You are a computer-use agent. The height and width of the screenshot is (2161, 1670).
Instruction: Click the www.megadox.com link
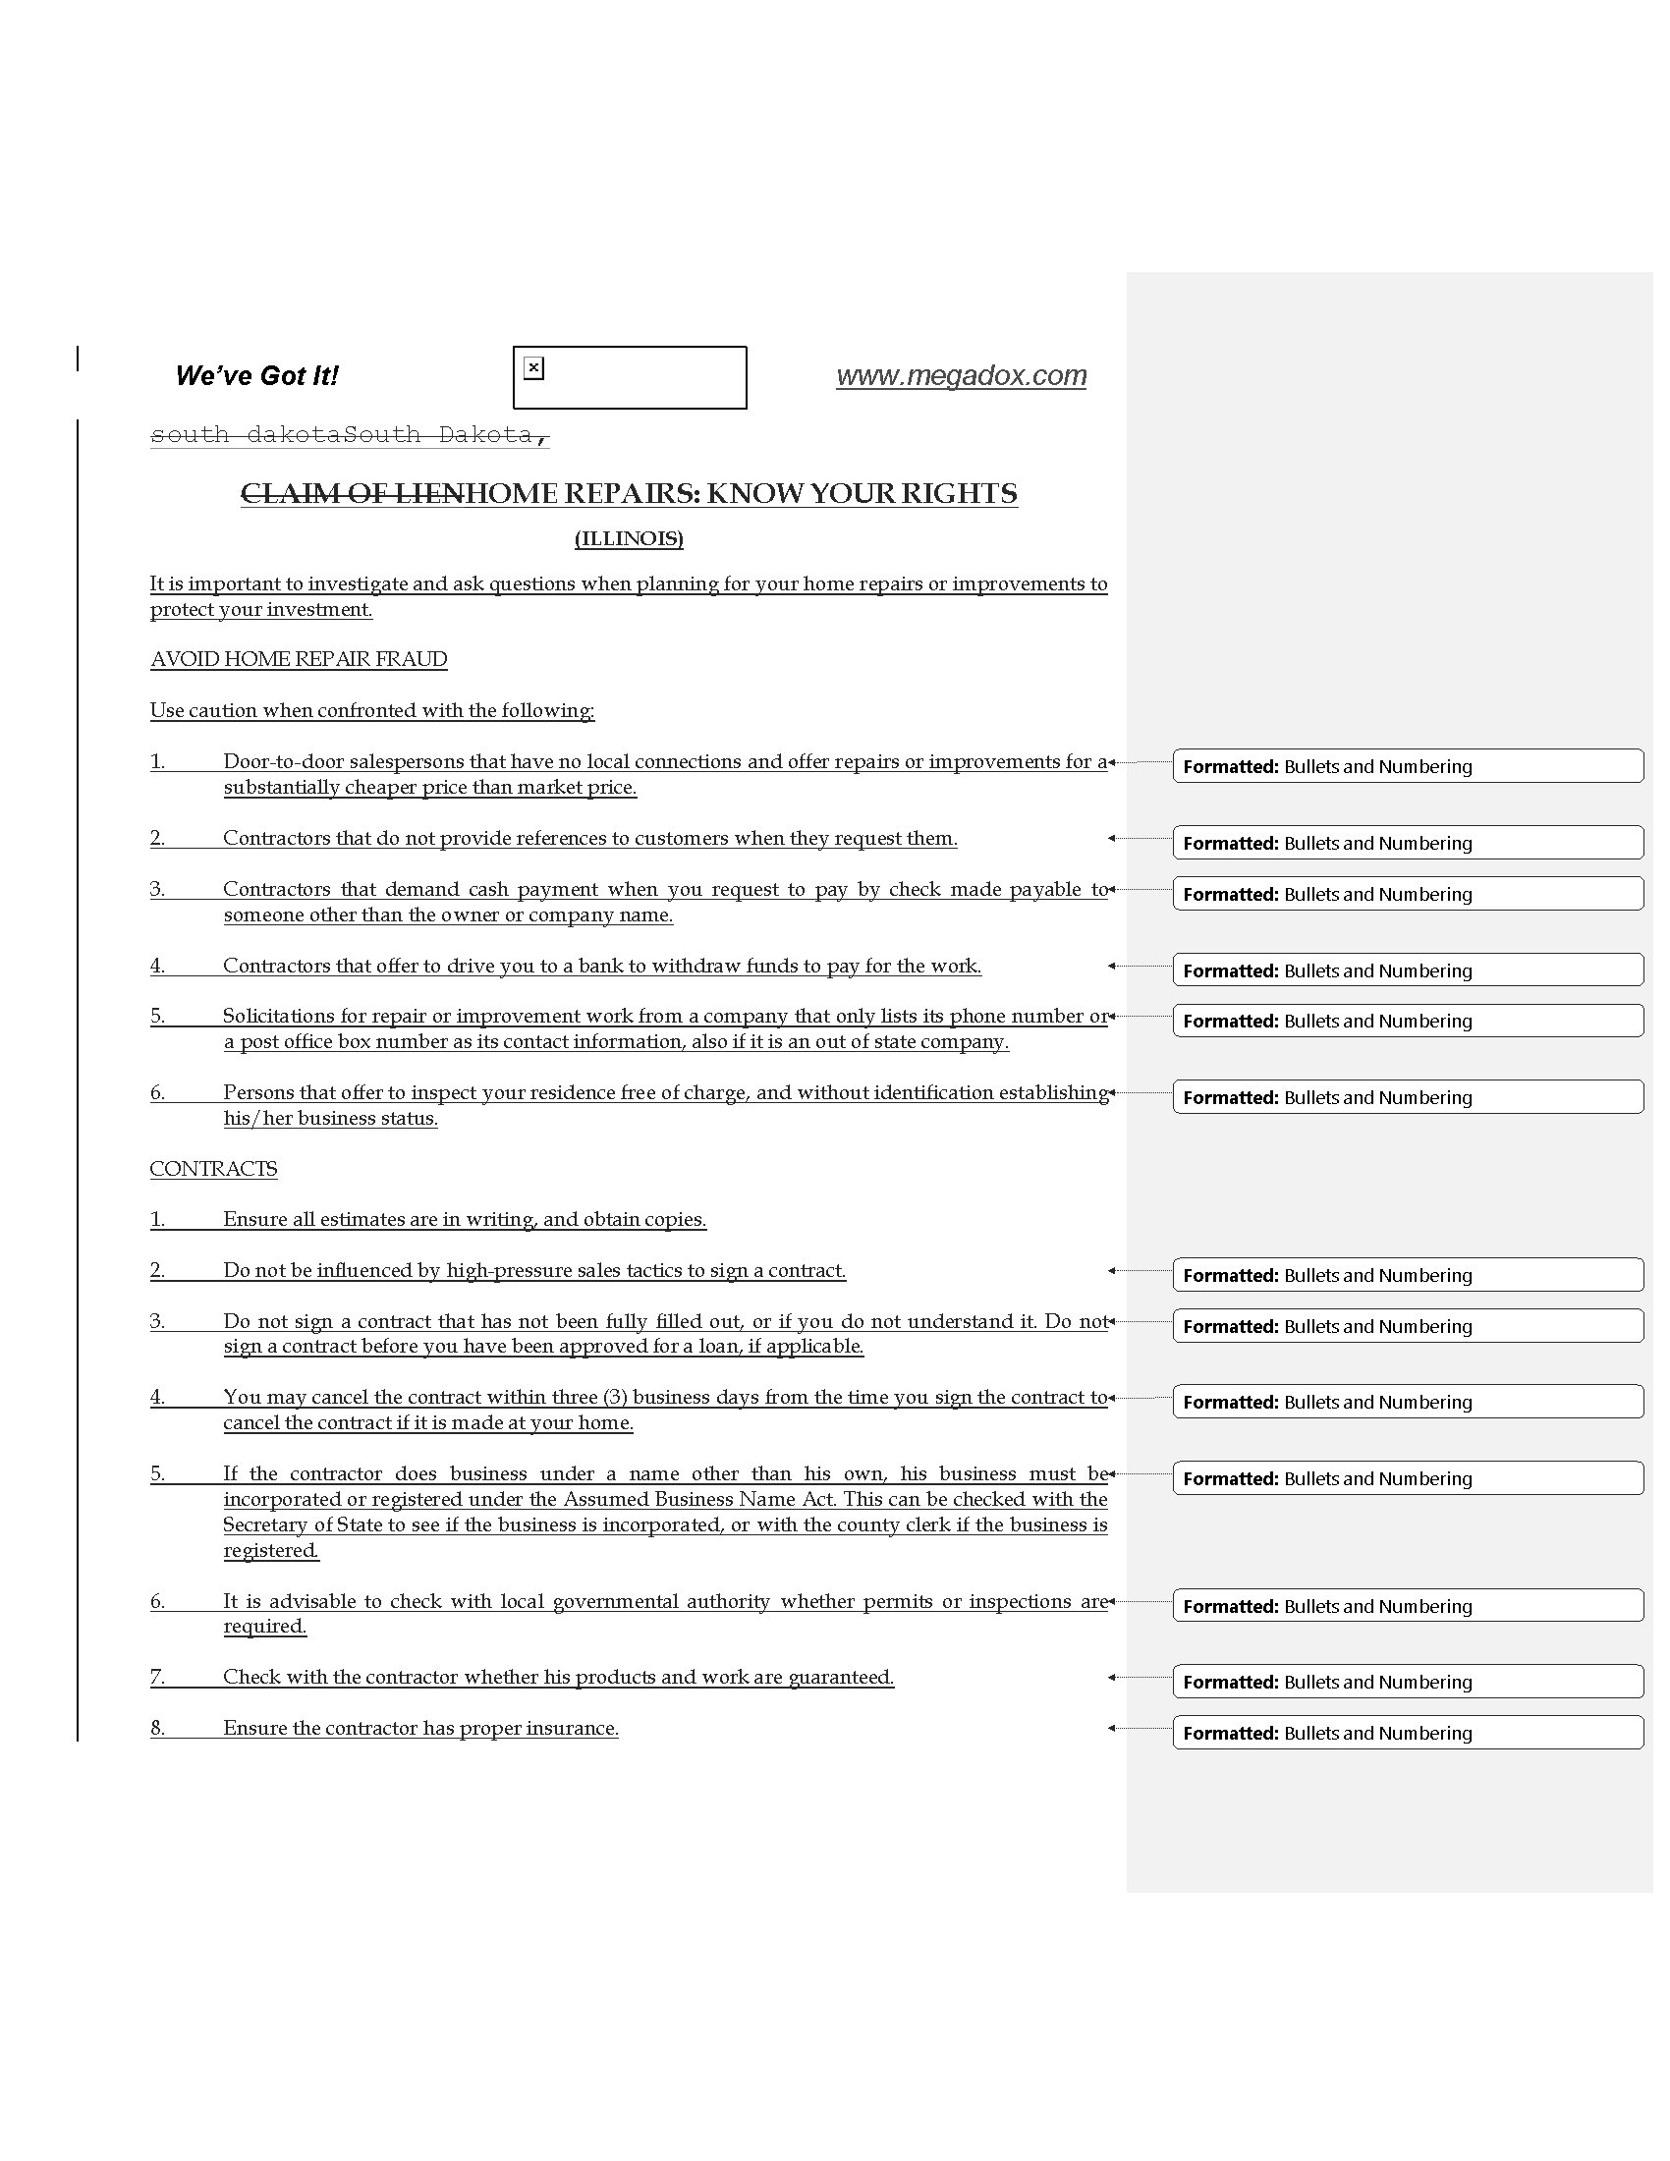tap(961, 375)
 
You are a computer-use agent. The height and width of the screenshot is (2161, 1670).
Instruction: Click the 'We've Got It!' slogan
tap(256, 376)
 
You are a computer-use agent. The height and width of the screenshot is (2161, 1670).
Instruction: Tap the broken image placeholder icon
tap(533, 368)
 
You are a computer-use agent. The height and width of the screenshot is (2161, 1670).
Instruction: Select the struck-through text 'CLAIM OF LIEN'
tap(353, 494)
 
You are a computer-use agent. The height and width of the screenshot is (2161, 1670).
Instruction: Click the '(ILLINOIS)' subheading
tap(629, 538)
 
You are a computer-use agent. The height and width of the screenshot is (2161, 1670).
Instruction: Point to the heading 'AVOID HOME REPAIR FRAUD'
tap(298, 659)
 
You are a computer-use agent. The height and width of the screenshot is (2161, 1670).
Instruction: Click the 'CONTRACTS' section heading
tap(213, 1169)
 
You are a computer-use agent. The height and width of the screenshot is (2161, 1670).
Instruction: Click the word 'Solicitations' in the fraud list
tap(277, 1017)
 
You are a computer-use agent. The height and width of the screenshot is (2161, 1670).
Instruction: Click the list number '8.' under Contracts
tap(157, 1728)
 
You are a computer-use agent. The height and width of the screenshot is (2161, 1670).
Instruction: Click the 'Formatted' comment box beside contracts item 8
tap(1407, 1733)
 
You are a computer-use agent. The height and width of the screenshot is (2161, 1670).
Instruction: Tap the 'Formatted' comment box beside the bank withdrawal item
tap(1407, 970)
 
